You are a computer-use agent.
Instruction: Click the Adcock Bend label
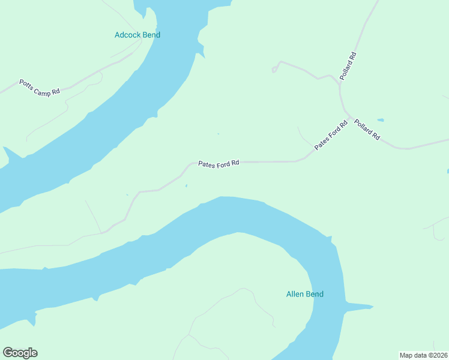point(137,35)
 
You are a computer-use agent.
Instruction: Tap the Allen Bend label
point(304,294)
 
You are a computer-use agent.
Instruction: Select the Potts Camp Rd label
point(40,87)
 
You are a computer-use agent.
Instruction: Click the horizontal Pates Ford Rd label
point(219,163)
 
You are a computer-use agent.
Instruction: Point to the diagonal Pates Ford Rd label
point(331,136)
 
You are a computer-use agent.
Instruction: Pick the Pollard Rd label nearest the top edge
point(348,67)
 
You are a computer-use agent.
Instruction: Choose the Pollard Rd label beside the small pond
point(367,130)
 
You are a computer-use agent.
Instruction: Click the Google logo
point(20,353)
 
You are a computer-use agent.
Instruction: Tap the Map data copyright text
point(424,355)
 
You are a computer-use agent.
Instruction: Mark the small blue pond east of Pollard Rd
point(380,119)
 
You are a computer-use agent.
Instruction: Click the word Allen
point(295,294)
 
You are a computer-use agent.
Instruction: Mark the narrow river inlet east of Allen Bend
point(359,308)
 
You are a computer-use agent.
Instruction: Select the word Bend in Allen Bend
point(314,294)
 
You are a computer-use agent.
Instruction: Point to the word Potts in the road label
point(27,83)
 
